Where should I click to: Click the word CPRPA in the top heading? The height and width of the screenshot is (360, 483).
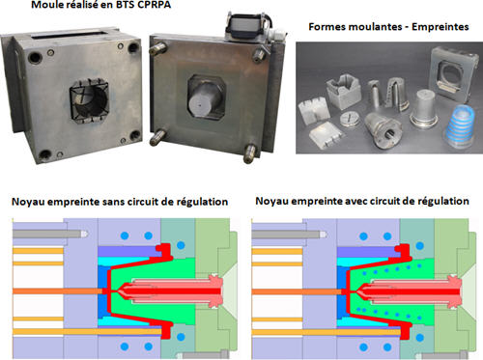coord(155,5)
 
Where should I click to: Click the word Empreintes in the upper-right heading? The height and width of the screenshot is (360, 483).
coord(440,27)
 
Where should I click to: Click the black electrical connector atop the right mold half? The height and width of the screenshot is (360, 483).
coord(248,26)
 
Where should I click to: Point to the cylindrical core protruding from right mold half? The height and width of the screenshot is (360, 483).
coord(205,99)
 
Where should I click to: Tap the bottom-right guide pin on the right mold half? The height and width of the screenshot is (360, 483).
coord(250,153)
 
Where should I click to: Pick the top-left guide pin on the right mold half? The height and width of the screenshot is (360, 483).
coord(158,48)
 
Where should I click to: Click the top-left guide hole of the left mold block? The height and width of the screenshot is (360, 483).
coord(35,58)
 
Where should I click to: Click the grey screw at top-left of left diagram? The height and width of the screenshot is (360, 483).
coord(50,234)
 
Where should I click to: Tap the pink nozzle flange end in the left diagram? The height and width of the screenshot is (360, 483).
coord(215,291)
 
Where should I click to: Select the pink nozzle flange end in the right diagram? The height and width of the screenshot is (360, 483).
coord(454,291)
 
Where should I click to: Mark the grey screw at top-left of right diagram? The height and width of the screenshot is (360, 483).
coord(289,235)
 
